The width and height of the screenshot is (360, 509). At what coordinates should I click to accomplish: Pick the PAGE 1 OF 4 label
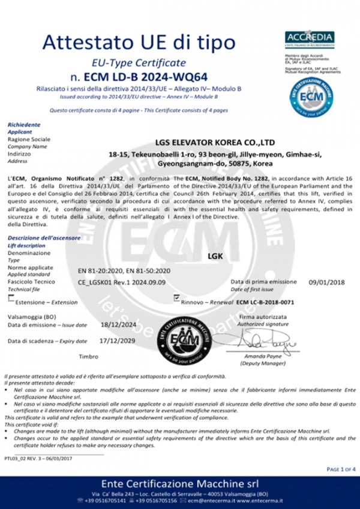click(x=341, y=468)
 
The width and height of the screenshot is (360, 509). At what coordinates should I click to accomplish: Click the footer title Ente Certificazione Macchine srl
click(x=179, y=483)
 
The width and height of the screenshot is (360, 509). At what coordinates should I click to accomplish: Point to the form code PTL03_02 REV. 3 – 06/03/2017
click(x=38, y=458)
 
